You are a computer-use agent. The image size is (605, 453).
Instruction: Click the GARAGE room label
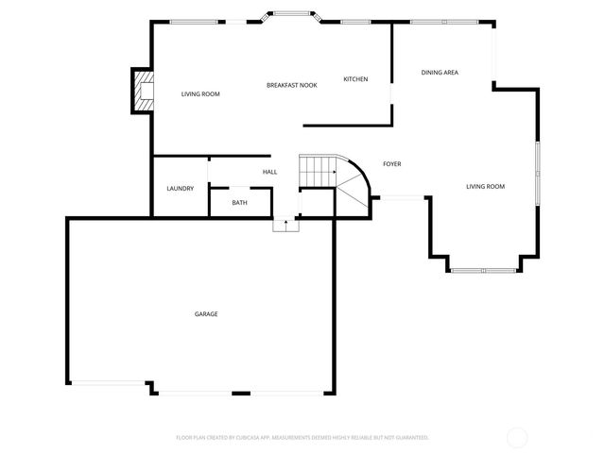click(206, 314)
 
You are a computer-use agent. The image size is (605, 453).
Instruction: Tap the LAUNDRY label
click(180, 189)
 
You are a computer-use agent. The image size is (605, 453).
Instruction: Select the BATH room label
click(240, 203)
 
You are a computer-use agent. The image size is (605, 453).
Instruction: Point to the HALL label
click(269, 172)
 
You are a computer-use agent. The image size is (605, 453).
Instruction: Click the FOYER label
click(391, 164)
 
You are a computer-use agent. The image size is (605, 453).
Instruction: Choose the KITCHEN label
click(355, 79)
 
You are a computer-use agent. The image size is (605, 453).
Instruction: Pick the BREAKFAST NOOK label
click(291, 85)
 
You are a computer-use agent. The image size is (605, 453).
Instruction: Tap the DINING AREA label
click(440, 73)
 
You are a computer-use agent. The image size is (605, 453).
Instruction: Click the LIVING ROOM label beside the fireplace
click(200, 94)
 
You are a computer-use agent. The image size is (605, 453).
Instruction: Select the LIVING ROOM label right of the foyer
click(485, 187)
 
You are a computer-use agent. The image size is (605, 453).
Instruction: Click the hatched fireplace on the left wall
click(143, 91)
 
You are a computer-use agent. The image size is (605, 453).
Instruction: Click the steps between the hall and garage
click(285, 225)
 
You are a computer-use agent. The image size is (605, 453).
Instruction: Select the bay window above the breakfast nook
click(293, 14)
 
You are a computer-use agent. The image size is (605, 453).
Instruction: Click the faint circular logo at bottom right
click(517, 437)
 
